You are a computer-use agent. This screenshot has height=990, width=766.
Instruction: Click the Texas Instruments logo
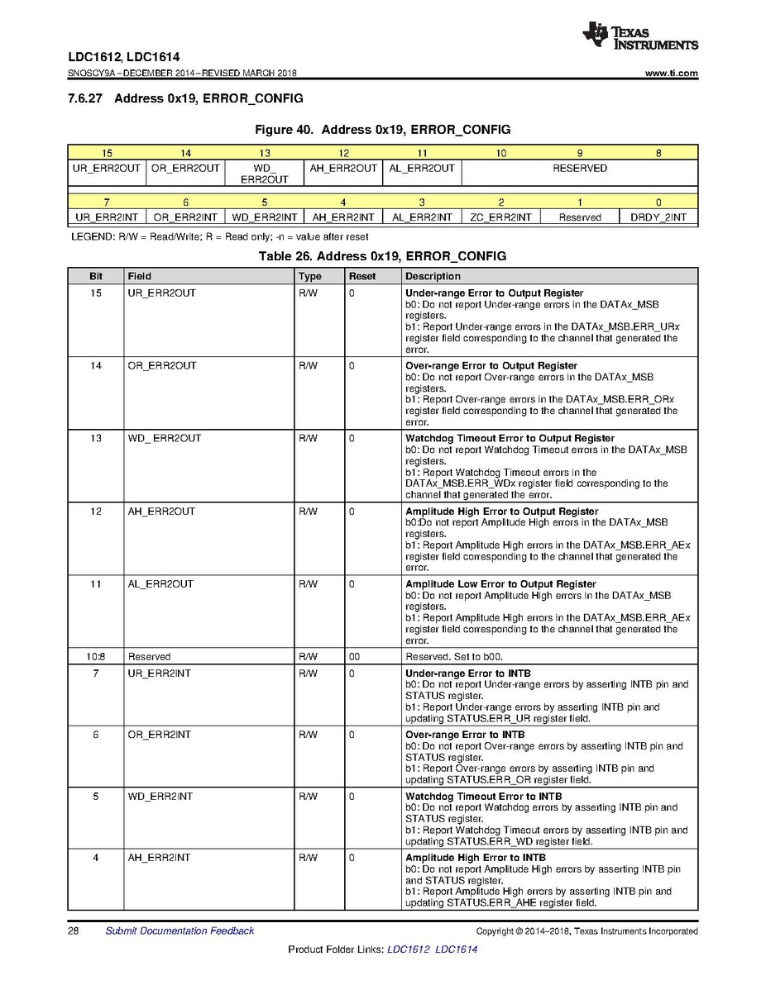pyautogui.click(x=639, y=36)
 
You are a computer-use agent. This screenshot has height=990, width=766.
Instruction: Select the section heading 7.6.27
pyautogui.click(x=185, y=98)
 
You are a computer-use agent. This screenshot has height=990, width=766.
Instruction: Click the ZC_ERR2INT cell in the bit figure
pyautogui.click(x=500, y=217)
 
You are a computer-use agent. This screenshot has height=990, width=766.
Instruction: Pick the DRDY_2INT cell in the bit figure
pyautogui.click(x=658, y=217)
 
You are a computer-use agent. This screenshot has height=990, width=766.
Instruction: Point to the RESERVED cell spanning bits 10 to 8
pyautogui.click(x=579, y=169)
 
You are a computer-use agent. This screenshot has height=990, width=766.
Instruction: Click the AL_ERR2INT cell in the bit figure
pyautogui.click(x=422, y=217)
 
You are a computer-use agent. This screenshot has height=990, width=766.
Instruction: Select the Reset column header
pyautogui.click(x=362, y=276)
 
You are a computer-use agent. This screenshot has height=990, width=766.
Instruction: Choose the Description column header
pyautogui.click(x=433, y=276)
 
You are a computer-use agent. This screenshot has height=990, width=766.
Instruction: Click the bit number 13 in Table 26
pyautogui.click(x=96, y=438)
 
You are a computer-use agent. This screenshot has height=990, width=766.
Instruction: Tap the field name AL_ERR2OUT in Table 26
pyautogui.click(x=160, y=584)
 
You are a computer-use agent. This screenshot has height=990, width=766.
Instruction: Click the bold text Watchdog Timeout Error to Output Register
pyautogui.click(x=510, y=438)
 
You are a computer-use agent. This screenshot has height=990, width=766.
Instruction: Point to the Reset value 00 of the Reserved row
pyautogui.click(x=354, y=657)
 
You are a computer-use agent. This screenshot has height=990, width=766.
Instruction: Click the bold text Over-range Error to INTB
pyautogui.click(x=465, y=735)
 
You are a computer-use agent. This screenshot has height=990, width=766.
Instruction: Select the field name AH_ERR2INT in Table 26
pyautogui.click(x=159, y=858)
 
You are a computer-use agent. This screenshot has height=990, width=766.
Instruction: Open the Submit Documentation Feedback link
pyautogui.click(x=180, y=931)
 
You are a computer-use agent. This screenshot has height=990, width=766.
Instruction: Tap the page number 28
pyautogui.click(x=73, y=931)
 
